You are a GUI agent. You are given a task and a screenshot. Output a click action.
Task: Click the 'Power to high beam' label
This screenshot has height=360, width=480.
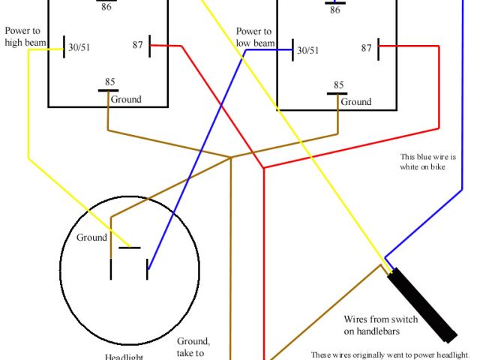tap(22, 36)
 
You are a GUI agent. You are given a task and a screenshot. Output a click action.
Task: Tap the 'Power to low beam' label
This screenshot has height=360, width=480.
tap(253, 37)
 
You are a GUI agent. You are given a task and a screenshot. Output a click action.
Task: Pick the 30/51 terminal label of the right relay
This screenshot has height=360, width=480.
tap(308, 50)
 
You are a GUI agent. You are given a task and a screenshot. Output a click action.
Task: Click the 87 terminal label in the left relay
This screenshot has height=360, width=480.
tap(138, 45)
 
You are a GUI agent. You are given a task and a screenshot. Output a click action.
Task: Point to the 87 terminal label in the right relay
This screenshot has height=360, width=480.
tap(366, 48)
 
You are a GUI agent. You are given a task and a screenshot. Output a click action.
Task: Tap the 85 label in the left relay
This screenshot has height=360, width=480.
tap(110, 81)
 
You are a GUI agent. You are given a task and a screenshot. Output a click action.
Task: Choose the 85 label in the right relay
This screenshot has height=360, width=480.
tap(339, 85)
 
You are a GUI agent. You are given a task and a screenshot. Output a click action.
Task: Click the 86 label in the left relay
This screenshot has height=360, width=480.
tap(106, 6)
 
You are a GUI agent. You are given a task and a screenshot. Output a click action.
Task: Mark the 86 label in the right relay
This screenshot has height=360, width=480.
tap(334, 9)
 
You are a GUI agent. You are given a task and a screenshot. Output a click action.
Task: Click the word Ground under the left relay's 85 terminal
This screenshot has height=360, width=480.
tap(125, 99)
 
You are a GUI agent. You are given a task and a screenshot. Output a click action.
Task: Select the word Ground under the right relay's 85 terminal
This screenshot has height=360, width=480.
tap(356, 102)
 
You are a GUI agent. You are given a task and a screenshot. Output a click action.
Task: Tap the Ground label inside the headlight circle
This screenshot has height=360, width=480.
tap(91, 238)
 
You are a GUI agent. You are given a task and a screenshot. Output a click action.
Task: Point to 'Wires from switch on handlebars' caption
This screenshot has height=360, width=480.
tap(372, 325)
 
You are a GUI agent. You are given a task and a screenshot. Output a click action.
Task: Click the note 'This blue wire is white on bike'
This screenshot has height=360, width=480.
tap(428, 162)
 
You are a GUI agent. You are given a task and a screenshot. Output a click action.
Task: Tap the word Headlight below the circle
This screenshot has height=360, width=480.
tap(124, 357)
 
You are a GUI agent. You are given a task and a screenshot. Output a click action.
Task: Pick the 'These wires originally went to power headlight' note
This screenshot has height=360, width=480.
tap(394, 355)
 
